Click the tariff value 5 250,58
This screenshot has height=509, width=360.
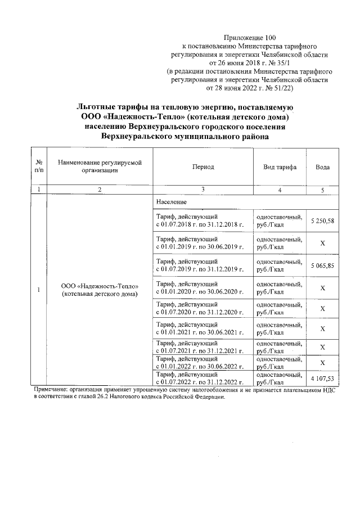(x=323, y=221)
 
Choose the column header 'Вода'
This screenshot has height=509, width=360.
(x=323, y=168)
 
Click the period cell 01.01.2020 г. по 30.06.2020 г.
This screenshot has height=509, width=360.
(x=202, y=287)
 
